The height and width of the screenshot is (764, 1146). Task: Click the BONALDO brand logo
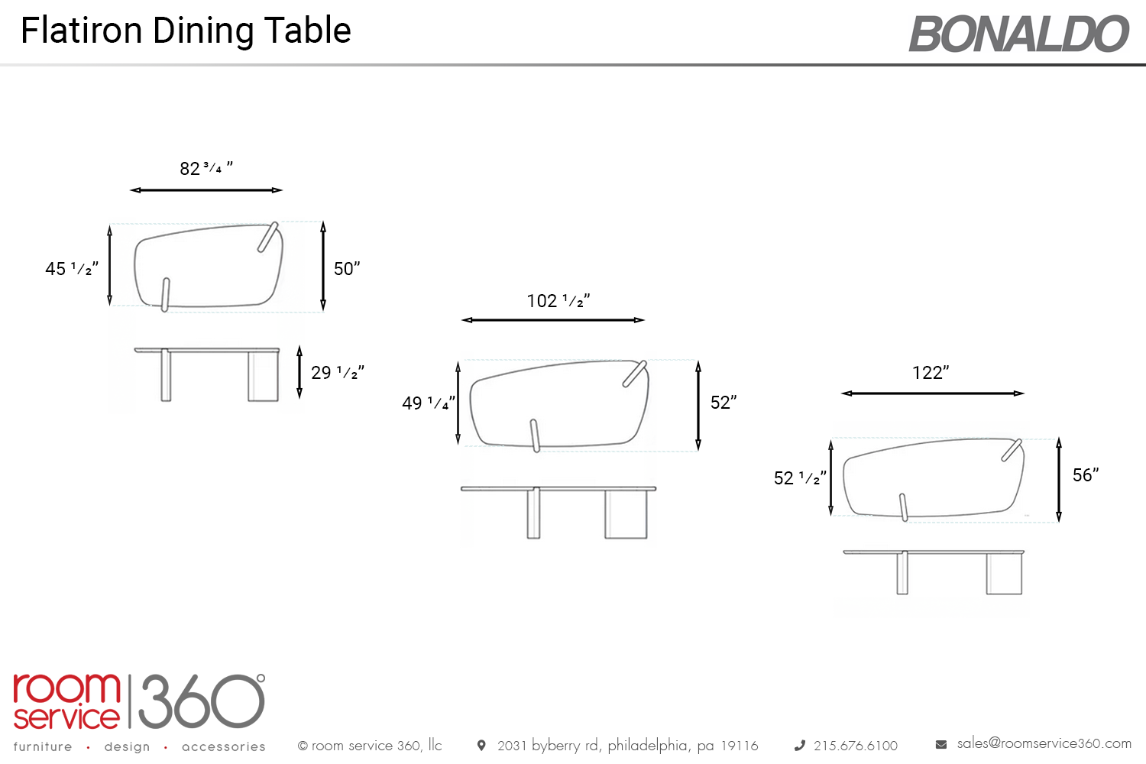pos(1018,34)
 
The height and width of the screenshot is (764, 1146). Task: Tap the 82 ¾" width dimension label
pos(206,168)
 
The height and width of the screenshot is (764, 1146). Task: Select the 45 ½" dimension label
pos(72,269)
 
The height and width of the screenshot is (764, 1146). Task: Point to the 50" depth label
pos(347,269)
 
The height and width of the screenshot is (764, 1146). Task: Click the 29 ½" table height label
pos(338,373)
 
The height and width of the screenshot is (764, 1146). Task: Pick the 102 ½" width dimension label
pos(558,301)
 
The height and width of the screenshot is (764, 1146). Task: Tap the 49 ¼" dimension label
pos(428,403)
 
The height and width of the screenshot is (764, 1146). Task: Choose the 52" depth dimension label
pos(724,403)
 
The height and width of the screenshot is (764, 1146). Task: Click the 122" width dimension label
pos(931,373)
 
